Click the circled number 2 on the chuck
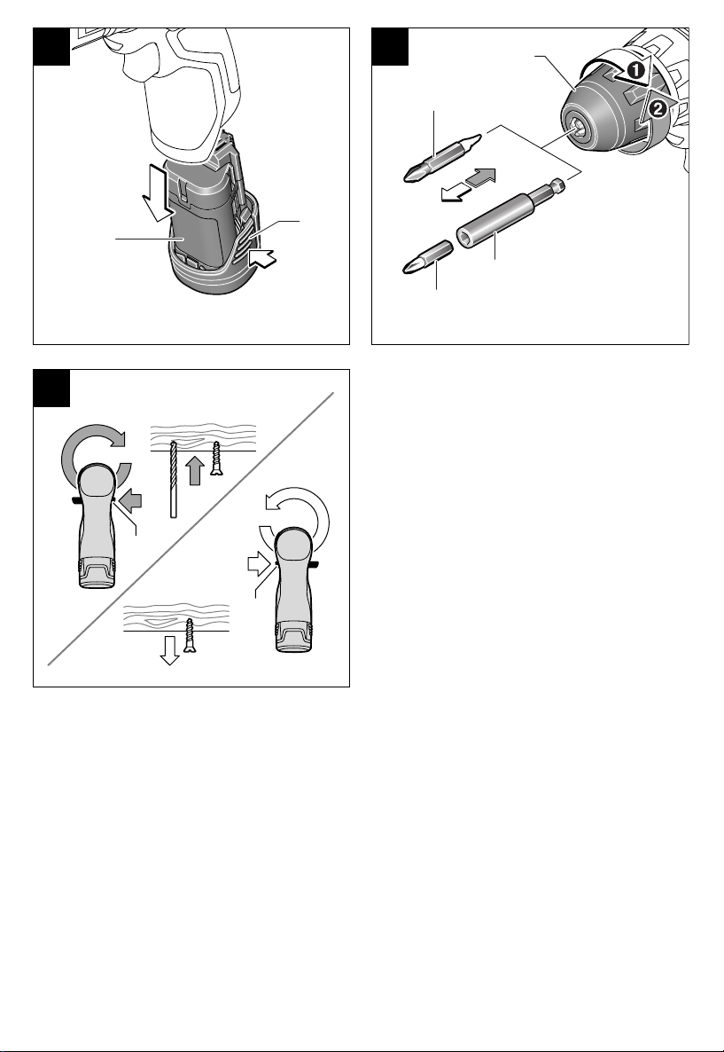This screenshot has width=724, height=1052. [x=659, y=108]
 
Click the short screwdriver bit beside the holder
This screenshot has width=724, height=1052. [x=428, y=257]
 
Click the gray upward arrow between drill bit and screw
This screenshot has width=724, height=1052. [x=194, y=470]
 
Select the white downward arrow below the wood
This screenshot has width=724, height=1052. [x=170, y=649]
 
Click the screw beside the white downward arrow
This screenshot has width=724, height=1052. [x=190, y=636]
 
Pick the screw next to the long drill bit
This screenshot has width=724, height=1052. [x=216, y=459]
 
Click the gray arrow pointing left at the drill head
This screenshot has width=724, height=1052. [x=131, y=500]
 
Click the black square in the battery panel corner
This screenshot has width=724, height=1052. [x=51, y=46]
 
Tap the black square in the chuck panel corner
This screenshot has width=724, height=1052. [x=390, y=46]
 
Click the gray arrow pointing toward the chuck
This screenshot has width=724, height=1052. [x=480, y=177]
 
